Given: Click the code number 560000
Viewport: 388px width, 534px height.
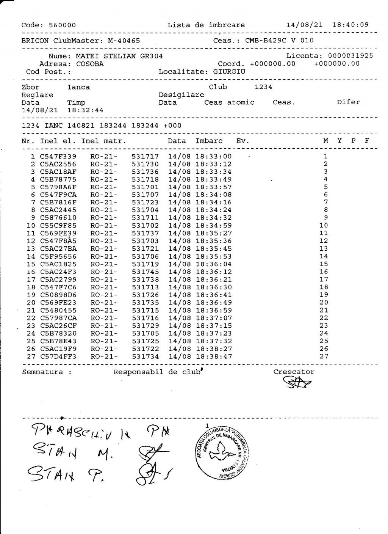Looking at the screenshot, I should (x=62, y=25).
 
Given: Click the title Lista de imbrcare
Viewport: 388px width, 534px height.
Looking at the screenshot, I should (x=206, y=25).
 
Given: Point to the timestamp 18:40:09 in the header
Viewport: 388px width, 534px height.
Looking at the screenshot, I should (x=350, y=25).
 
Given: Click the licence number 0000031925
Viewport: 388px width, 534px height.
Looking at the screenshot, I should (x=350, y=56).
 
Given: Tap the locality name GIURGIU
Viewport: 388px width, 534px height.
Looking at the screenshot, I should (x=229, y=72).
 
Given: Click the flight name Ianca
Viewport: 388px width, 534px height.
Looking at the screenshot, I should (x=78, y=87).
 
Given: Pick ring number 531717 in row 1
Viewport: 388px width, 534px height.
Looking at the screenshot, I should (x=145, y=157).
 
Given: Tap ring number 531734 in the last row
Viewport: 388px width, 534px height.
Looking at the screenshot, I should (x=145, y=357).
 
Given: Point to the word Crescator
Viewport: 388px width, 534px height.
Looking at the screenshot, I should (x=294, y=372).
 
